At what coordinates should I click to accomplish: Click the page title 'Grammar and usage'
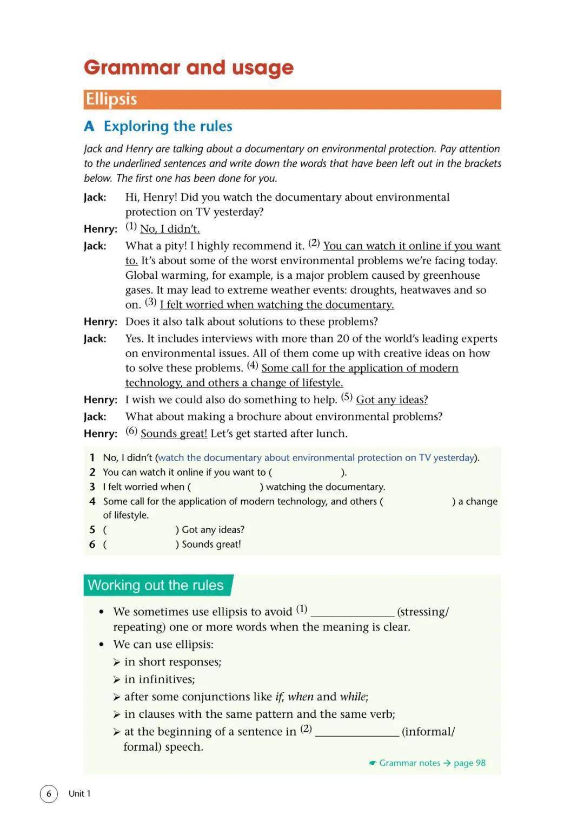click(189, 68)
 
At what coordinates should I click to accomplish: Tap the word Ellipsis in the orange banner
click(111, 99)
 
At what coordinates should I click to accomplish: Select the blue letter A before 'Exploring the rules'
click(89, 127)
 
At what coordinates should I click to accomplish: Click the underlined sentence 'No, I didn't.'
click(170, 229)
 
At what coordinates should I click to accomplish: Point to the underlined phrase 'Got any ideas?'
click(391, 400)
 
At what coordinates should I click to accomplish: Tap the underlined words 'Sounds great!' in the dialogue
click(174, 434)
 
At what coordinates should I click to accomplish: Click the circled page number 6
click(49, 794)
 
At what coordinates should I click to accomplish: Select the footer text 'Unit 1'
click(79, 794)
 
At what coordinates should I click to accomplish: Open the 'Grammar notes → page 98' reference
click(427, 763)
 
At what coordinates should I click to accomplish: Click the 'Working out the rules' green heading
click(156, 585)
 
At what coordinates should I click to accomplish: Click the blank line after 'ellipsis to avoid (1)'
click(353, 613)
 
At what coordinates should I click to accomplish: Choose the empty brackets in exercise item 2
click(307, 473)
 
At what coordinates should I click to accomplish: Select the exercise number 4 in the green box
click(92, 502)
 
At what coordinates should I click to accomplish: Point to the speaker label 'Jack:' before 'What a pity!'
click(95, 246)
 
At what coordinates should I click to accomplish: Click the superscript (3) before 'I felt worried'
click(151, 302)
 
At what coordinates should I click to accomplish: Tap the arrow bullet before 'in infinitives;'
click(117, 680)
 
